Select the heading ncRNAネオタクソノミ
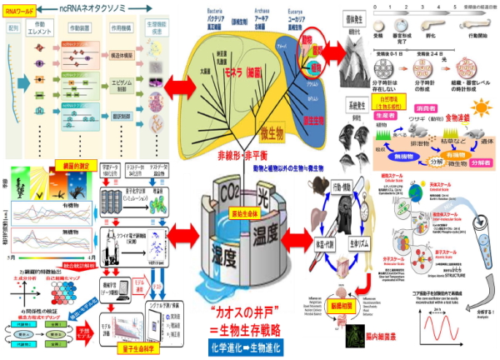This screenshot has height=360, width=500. point(97,9)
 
